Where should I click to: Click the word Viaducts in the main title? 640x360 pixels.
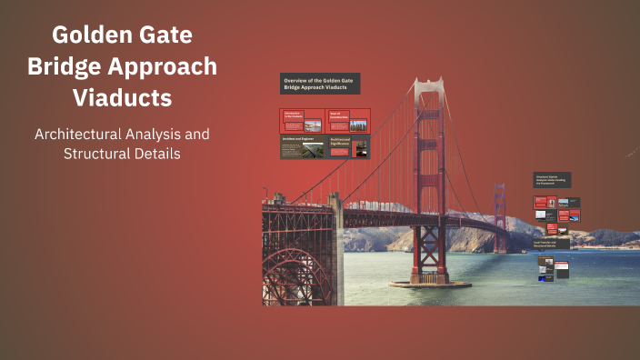[122, 96]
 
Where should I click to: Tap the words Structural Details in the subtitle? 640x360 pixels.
[122, 154]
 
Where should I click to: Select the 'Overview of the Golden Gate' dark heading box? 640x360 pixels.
[319, 84]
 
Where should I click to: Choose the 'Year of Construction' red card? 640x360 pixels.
[347, 120]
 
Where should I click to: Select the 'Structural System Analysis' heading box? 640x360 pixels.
[552, 180]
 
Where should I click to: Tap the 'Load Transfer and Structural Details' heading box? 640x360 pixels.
[551, 244]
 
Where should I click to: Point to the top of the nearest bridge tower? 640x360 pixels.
[428, 84]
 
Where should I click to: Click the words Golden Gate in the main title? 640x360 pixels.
[122, 35]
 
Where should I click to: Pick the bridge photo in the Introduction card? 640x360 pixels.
[312, 124]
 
